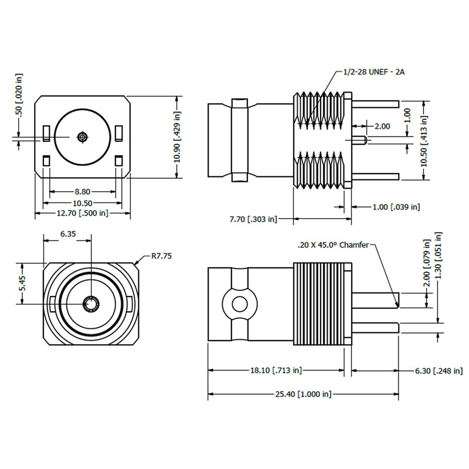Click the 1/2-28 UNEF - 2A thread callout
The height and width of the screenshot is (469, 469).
click(374, 72)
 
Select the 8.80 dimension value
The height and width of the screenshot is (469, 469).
click(82, 192)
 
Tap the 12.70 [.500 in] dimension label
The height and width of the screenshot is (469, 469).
click(83, 213)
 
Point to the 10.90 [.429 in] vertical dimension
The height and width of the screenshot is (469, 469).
click(178, 137)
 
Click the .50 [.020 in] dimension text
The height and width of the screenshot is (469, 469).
click(19, 95)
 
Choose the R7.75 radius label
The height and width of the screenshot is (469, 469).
click(162, 256)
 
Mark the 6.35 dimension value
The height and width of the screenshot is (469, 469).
click(68, 233)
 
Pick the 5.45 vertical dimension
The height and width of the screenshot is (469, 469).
click(22, 283)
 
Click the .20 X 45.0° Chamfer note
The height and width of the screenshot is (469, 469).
click(333, 245)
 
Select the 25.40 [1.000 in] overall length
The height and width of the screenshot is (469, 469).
click(303, 394)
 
